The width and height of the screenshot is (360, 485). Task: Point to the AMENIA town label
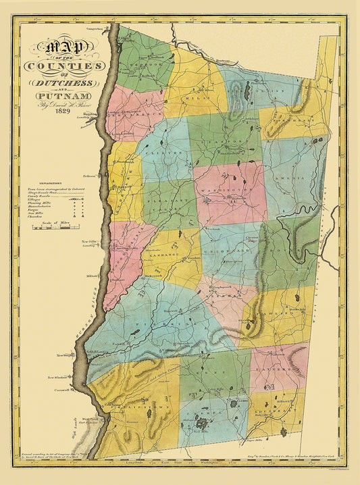290,174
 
